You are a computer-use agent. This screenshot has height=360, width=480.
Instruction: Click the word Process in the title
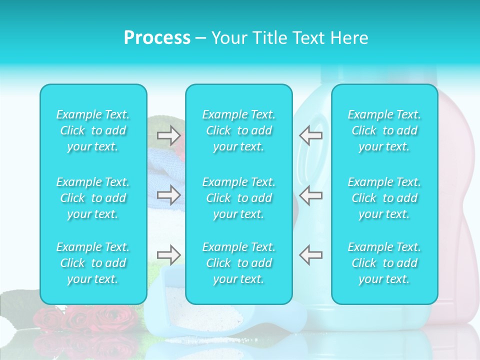[x=157, y=38]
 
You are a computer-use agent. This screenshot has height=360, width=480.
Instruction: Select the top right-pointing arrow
[x=169, y=135]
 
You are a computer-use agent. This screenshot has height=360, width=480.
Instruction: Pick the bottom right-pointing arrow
[x=169, y=255]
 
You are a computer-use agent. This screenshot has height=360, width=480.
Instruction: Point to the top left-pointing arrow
[x=310, y=135]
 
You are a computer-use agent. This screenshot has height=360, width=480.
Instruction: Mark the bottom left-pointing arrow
[x=310, y=255]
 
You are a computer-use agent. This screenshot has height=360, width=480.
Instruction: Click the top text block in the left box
[x=93, y=130]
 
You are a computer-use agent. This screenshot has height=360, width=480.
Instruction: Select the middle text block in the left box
[x=93, y=198]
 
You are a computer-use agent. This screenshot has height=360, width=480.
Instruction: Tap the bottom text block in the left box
[x=93, y=263]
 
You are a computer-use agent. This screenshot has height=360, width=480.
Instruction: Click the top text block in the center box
[x=239, y=130]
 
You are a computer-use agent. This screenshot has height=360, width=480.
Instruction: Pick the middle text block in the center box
[x=239, y=198]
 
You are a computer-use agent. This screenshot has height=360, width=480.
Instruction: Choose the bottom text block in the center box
[x=239, y=263]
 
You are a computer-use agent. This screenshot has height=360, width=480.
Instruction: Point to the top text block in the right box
[x=384, y=130]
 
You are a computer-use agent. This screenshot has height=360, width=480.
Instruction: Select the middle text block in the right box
[x=384, y=198]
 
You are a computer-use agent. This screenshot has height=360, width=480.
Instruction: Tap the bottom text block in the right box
[x=384, y=263]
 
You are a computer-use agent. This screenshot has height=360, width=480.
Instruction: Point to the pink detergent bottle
[x=457, y=200]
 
